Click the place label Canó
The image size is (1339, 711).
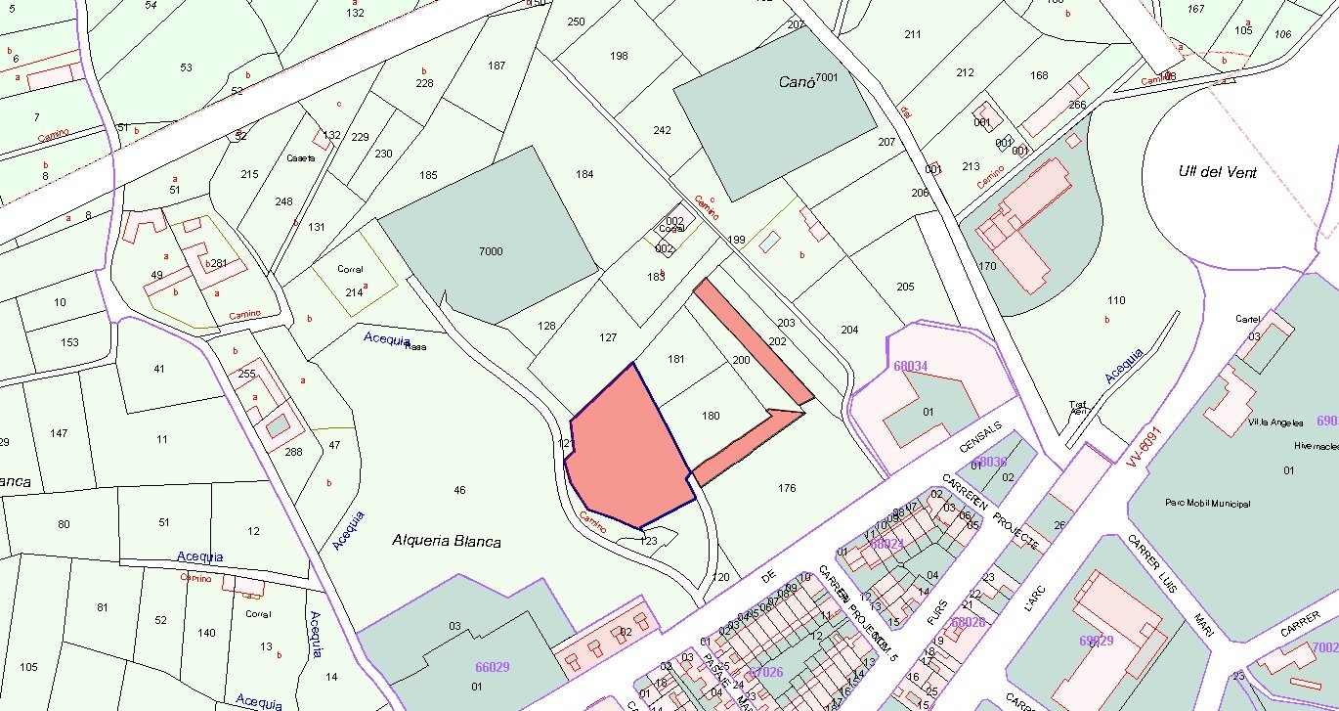point(797,83)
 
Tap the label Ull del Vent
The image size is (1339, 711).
point(1217,172)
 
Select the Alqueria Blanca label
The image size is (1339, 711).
point(447,541)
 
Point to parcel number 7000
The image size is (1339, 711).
point(491,252)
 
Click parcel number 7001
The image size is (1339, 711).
point(827,77)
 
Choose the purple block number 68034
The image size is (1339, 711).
point(910,367)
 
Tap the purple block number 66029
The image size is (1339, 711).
point(492,667)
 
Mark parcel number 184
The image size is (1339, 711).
point(584,175)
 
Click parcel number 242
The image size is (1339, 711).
point(662,131)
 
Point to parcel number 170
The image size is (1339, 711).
point(986,266)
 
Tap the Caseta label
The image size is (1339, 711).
point(301,158)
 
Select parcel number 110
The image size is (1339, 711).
point(1116,300)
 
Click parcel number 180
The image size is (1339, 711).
point(711,417)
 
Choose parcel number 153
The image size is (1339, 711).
point(69,342)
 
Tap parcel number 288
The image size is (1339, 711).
point(292,452)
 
